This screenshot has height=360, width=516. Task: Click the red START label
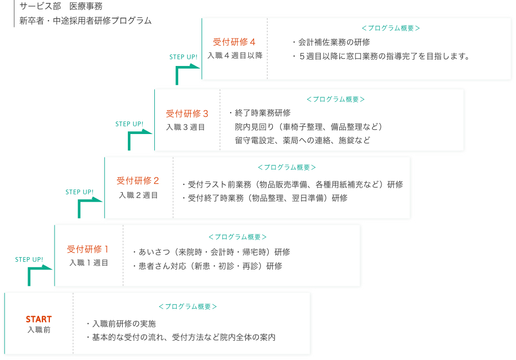(x=39, y=319)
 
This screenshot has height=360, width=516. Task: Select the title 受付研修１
(x=88, y=249)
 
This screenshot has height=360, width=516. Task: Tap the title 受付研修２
(x=138, y=181)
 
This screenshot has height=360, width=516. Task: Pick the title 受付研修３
(x=187, y=114)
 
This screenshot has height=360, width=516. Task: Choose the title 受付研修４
(x=234, y=42)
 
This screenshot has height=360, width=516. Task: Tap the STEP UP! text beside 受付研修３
(x=129, y=124)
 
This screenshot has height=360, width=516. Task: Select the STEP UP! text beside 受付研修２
(x=80, y=192)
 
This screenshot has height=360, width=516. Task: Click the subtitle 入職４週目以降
(x=235, y=56)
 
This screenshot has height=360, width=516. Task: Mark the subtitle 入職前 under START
(x=39, y=330)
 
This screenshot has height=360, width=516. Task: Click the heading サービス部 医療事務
(x=61, y=6)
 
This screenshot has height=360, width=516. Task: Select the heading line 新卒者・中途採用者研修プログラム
(x=85, y=21)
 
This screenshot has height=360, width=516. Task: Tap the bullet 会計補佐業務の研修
(x=330, y=42)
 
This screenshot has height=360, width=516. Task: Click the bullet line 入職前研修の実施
(x=121, y=324)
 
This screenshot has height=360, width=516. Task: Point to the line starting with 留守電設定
(x=302, y=140)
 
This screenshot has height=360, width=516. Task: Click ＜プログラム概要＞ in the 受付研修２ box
(x=287, y=167)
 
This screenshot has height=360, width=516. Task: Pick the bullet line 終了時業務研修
(x=260, y=113)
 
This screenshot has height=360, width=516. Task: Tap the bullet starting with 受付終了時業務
(x=264, y=198)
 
